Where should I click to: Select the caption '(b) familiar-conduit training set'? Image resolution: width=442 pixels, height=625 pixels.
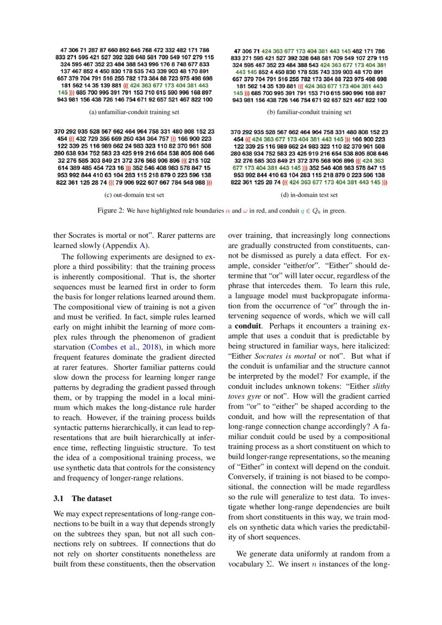[309, 112]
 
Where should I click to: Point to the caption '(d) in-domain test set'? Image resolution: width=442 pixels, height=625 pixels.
[309, 195]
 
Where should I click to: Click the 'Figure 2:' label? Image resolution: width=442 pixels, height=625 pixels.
[110, 211]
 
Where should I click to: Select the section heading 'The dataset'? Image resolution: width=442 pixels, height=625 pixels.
[92, 498]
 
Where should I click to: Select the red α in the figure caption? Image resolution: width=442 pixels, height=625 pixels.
[227, 211]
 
